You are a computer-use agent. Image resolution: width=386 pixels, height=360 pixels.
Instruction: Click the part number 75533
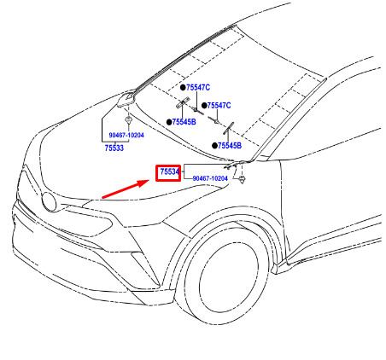(x=114, y=148)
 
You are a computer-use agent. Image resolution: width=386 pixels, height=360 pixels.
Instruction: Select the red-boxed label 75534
(x=169, y=171)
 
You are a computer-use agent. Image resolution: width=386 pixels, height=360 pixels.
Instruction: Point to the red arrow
(x=126, y=189)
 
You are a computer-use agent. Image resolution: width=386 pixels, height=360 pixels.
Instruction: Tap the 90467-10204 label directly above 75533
(x=126, y=135)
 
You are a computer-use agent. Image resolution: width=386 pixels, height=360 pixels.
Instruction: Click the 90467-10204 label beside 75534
(x=210, y=178)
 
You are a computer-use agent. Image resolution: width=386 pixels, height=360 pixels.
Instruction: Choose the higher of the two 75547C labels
(x=198, y=88)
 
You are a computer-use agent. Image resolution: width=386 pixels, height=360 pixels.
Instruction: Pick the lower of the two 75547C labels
(x=219, y=106)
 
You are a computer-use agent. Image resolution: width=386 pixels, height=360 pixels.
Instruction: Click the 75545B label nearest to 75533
(x=184, y=122)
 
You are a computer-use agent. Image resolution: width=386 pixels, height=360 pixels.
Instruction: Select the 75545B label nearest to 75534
(x=230, y=146)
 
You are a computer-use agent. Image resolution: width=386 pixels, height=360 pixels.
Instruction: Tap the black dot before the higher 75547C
(x=183, y=88)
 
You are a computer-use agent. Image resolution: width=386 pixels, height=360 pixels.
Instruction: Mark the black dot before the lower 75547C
(x=204, y=106)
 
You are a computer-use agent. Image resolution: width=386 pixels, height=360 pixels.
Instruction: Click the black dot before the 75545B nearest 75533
(x=169, y=122)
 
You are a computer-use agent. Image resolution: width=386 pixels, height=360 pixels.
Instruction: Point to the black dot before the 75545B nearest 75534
(x=214, y=146)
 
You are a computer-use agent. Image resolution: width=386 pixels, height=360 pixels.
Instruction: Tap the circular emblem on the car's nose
(x=50, y=201)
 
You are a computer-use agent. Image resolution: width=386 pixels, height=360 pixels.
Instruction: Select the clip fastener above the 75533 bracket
(x=129, y=119)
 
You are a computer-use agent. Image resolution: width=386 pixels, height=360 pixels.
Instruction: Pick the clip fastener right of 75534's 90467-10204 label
(x=242, y=179)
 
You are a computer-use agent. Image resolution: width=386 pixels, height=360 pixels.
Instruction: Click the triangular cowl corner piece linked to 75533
(x=126, y=99)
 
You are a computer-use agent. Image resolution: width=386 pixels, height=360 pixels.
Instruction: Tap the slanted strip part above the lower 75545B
(x=228, y=129)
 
